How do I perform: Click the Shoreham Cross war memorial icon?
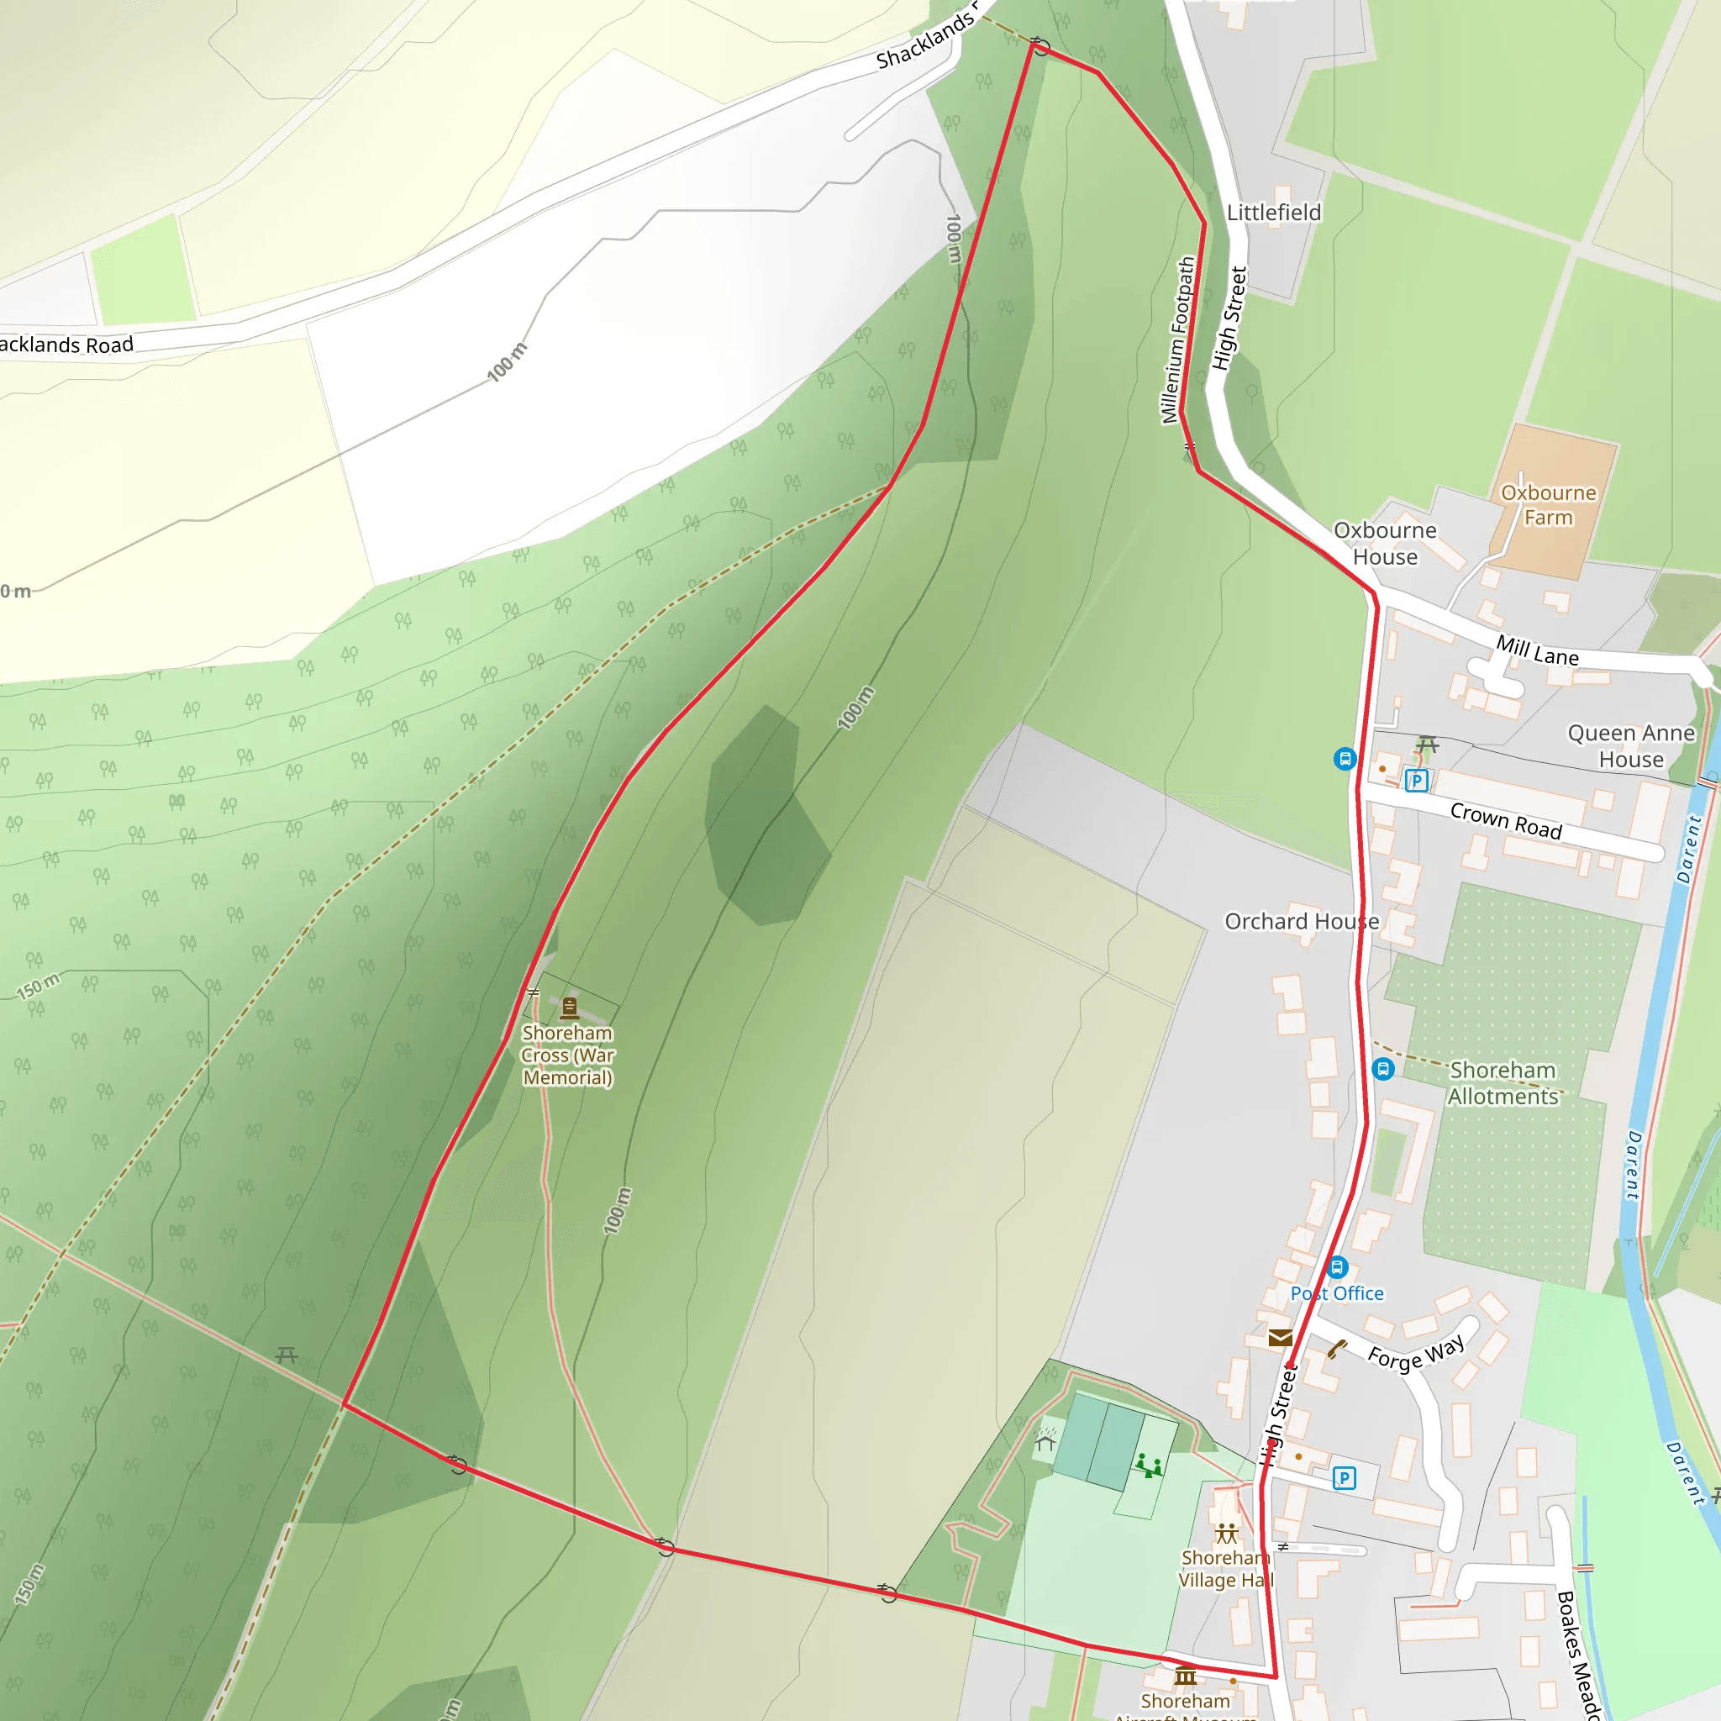coord(569,1008)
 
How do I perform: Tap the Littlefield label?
coord(1274,213)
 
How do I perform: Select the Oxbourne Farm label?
coord(1548,505)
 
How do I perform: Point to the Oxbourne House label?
coord(1385,544)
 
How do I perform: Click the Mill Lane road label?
coord(1537,650)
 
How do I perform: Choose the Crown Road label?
coord(1505,820)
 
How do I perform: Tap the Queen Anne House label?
coord(1631,745)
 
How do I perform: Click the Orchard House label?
coord(1302,921)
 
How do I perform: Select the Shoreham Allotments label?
coord(1503,1082)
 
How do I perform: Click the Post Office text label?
coord(1337,1293)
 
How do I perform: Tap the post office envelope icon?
coord(1280,1337)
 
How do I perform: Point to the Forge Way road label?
coord(1415,1352)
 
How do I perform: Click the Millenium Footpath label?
coord(1177,340)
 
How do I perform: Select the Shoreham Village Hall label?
coord(1226,1569)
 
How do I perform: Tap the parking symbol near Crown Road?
coord(1416,782)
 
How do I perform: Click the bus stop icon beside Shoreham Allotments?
coord(1382,1068)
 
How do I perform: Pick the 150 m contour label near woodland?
coord(39,985)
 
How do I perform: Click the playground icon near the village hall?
coord(1148,1465)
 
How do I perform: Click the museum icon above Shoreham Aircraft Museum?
coord(1185,1676)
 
